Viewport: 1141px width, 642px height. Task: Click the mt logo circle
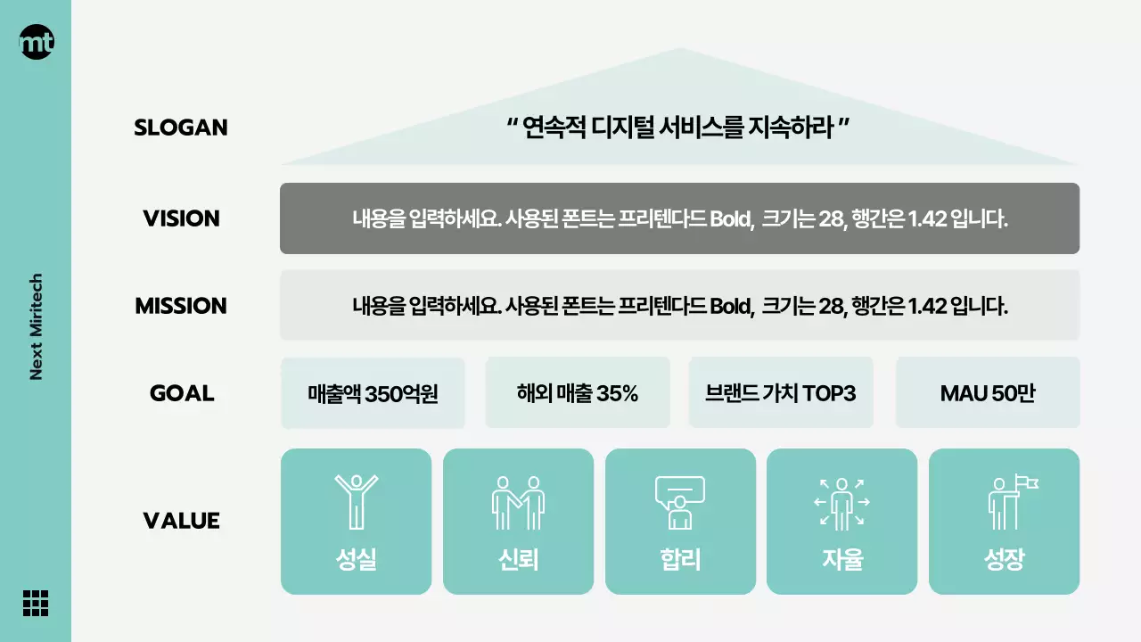[x=37, y=42]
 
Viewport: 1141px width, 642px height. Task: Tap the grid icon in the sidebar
[x=36, y=603]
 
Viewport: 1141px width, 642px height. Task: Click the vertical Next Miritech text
[x=37, y=326]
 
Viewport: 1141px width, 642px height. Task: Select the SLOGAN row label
[x=181, y=128]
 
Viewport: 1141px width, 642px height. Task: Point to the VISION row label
[x=181, y=218]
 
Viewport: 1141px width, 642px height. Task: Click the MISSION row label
[x=181, y=306]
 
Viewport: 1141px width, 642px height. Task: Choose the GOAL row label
[x=182, y=393]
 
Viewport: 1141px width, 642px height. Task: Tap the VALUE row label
[x=181, y=521]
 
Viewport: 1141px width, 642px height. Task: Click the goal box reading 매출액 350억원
[x=373, y=393]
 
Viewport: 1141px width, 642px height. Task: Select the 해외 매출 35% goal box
[x=578, y=393]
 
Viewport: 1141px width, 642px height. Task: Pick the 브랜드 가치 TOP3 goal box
[x=781, y=393]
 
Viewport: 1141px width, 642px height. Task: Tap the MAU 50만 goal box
[x=988, y=393]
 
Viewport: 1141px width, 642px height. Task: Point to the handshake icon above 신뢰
[x=518, y=502]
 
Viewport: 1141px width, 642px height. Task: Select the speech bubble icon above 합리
[x=680, y=502]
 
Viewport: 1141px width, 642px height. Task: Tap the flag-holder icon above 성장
[x=1011, y=502]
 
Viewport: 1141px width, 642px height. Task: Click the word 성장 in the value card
[x=1004, y=560]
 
